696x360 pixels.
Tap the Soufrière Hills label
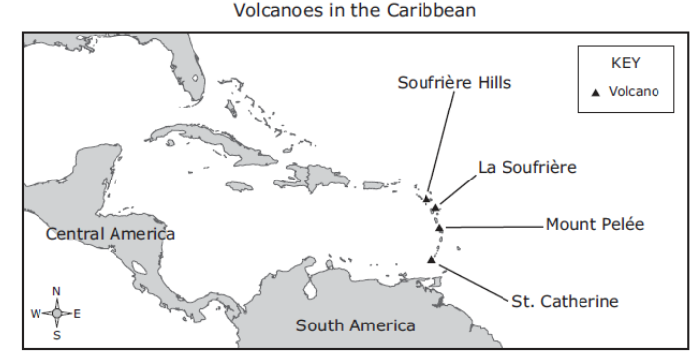454,83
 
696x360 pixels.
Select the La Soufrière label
525,167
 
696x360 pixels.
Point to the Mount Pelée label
594,225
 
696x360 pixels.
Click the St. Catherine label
565,301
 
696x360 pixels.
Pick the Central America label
110,234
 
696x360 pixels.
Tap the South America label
355,325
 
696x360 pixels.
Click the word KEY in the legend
626,62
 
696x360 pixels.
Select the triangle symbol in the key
594,92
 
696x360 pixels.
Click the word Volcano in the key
634,92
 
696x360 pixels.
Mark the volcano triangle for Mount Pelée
439,228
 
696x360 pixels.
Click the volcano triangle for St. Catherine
431,260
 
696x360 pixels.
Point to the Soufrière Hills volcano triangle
426,199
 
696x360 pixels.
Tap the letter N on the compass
56,291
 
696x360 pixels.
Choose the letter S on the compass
56,334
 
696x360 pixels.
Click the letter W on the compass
36,313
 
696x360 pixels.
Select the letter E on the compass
77,313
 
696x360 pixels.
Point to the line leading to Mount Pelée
494,227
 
